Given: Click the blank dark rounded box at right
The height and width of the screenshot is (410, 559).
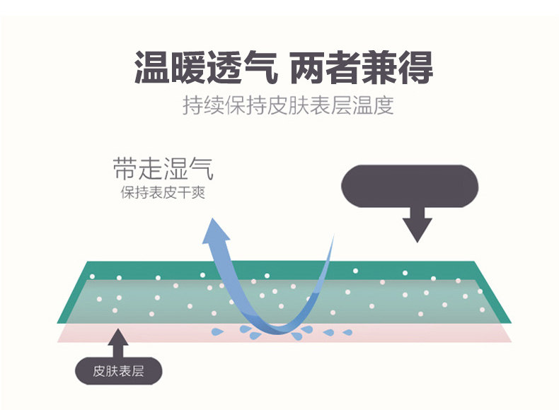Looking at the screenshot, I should tap(410, 185).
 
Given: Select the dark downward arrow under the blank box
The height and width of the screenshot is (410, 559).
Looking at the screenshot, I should tap(417, 225).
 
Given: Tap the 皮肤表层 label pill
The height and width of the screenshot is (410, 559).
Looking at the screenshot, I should tap(118, 371).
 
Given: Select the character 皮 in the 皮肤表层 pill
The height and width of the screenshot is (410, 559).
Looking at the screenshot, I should tap(99, 371).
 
